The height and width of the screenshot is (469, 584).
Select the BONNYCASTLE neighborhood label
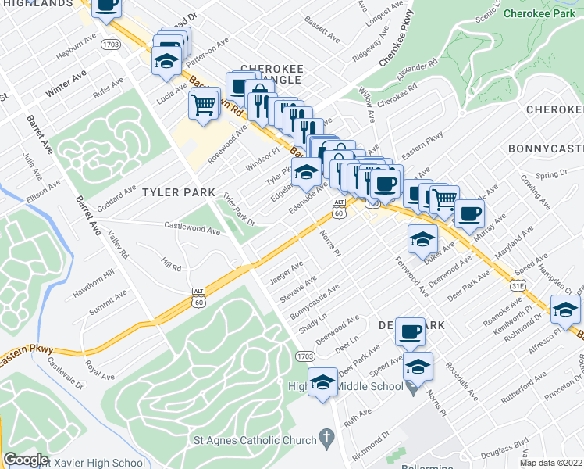coord(545,148)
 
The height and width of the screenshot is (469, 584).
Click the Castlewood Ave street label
coord(192,229)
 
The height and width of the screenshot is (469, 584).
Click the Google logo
coord(27,459)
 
